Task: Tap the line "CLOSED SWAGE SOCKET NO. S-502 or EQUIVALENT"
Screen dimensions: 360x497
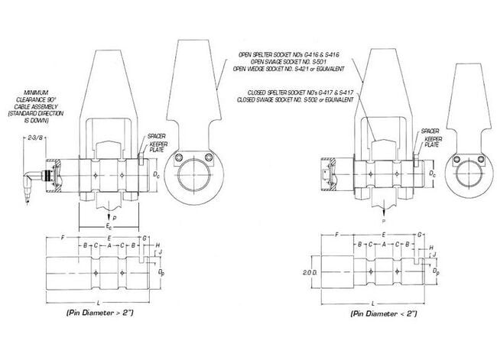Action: [294, 99]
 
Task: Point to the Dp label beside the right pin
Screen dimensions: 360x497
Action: [436, 271]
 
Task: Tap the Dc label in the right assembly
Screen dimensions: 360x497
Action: [433, 174]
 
